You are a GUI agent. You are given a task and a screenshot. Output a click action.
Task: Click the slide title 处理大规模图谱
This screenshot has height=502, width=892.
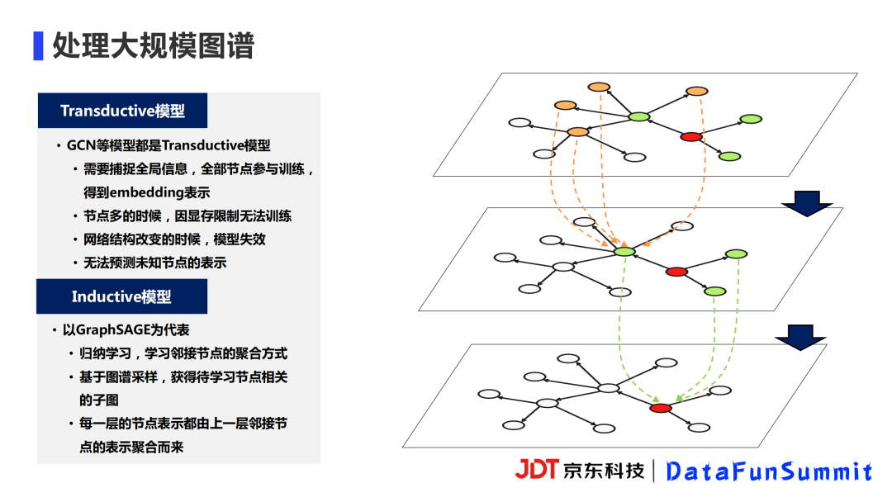[153, 45]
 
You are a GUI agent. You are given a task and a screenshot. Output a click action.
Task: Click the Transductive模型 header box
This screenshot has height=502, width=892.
[122, 111]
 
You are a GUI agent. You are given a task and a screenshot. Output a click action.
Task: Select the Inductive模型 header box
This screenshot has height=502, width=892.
[121, 296]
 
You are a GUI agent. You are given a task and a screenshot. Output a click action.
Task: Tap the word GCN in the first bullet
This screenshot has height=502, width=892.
[81, 145]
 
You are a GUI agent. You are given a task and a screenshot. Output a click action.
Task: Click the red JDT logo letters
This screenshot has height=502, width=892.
[537, 469]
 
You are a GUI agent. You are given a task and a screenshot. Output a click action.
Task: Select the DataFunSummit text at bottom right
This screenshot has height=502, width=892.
[769, 471]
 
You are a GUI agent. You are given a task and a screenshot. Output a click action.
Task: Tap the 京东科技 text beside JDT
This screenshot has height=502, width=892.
[604, 471]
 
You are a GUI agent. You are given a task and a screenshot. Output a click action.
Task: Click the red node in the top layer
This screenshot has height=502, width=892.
[691, 136]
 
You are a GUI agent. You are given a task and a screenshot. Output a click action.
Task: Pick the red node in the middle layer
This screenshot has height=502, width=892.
[676, 272]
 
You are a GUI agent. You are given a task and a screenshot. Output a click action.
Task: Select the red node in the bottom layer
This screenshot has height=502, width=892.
[661, 408]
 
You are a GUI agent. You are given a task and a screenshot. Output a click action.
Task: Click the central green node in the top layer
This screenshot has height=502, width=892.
[638, 117]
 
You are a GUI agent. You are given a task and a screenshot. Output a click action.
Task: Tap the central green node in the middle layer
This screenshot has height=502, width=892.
[624, 252]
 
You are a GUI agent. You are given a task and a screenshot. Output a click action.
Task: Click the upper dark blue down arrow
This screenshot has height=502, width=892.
[807, 204]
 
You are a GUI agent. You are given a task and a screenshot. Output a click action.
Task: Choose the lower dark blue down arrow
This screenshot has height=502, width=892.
[799, 338]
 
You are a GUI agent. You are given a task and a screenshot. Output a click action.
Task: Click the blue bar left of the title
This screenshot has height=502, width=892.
[38, 45]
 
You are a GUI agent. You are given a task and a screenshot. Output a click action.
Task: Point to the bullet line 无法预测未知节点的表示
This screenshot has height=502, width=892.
[154, 263]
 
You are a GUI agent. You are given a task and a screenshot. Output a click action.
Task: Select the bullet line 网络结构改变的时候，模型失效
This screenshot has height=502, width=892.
[174, 239]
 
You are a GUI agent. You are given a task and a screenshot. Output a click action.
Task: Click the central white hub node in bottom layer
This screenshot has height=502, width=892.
[608, 388]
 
